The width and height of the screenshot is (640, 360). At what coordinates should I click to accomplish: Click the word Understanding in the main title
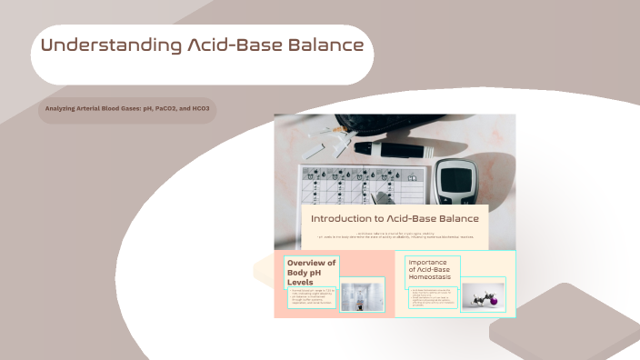point(97,45)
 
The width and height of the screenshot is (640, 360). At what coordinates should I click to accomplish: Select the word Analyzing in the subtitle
point(62,109)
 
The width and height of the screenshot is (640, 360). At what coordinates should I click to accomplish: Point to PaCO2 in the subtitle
point(157,109)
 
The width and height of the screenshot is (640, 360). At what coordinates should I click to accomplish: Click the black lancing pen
point(400,147)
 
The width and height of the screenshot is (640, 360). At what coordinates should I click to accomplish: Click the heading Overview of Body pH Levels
point(311,272)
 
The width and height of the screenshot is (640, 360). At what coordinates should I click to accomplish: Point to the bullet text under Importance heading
point(433,297)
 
